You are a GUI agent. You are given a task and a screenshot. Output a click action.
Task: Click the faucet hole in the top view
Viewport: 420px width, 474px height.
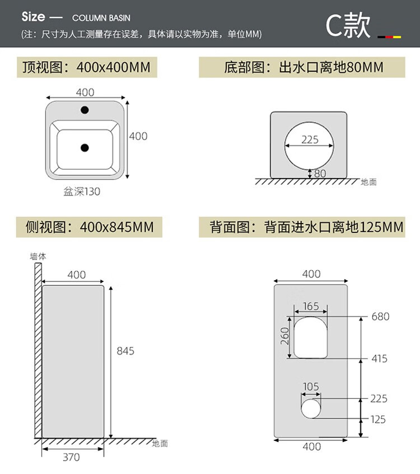tap(85, 110)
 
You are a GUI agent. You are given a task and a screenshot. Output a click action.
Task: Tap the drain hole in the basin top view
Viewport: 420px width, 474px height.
tap(85, 148)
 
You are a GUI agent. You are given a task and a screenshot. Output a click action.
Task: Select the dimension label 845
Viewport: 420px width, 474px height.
tap(125, 351)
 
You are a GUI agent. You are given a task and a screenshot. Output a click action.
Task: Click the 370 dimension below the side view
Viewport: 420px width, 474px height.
tap(71, 457)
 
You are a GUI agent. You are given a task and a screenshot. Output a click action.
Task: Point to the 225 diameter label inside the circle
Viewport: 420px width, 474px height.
tap(310, 140)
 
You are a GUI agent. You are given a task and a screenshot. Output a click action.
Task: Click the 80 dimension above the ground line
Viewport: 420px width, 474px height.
tap(320, 174)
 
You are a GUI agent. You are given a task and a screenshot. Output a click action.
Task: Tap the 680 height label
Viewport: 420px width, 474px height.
tap(380, 317)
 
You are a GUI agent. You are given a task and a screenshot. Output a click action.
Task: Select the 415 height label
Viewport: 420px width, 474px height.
tap(379, 359)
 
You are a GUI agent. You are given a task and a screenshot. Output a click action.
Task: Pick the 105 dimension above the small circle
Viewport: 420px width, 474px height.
tap(311, 387)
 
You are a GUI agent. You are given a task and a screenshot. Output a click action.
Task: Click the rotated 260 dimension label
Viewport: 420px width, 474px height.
tap(284, 336)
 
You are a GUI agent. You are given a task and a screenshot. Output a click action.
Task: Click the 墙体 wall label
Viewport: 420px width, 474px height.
tap(38, 256)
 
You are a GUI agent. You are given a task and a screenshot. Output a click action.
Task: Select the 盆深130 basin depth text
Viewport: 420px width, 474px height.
tap(82, 192)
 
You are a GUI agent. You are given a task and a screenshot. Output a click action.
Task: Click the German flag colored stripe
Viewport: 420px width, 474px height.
tap(389, 36)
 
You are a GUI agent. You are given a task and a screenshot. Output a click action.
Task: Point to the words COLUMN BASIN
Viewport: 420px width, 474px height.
tap(101, 18)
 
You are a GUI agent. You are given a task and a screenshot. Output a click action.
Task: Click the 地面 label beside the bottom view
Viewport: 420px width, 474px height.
tap(368, 182)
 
